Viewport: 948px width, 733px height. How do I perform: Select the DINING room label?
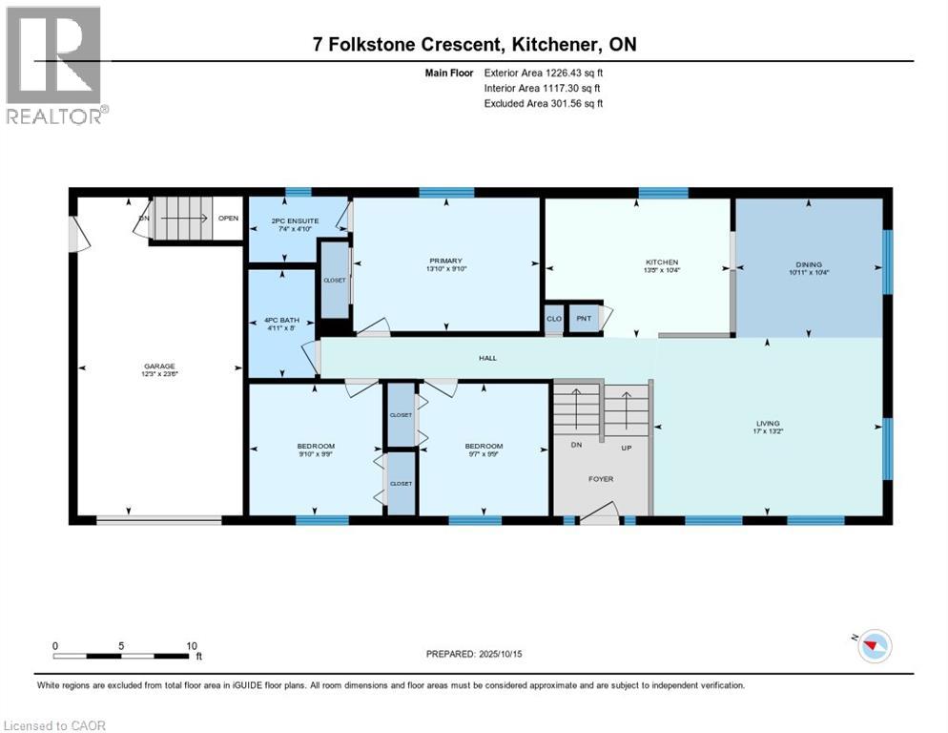[x=808, y=264]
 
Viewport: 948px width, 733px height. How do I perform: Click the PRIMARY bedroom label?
[x=445, y=261]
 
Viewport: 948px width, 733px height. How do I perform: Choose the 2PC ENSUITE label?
[x=294, y=220]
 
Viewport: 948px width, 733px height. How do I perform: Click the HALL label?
[x=487, y=358]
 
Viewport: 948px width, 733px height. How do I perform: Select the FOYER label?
[x=601, y=480]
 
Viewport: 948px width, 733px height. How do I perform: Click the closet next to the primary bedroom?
[x=334, y=281]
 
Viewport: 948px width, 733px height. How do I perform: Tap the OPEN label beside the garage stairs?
[x=228, y=218]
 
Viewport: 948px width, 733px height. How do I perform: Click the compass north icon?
[x=873, y=646]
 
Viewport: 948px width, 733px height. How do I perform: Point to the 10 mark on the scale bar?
[x=188, y=645]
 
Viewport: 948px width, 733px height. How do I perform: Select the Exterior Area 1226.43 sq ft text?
[x=544, y=72]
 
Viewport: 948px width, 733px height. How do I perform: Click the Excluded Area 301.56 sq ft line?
[x=544, y=103]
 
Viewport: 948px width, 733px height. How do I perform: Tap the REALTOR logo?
[x=55, y=65]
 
